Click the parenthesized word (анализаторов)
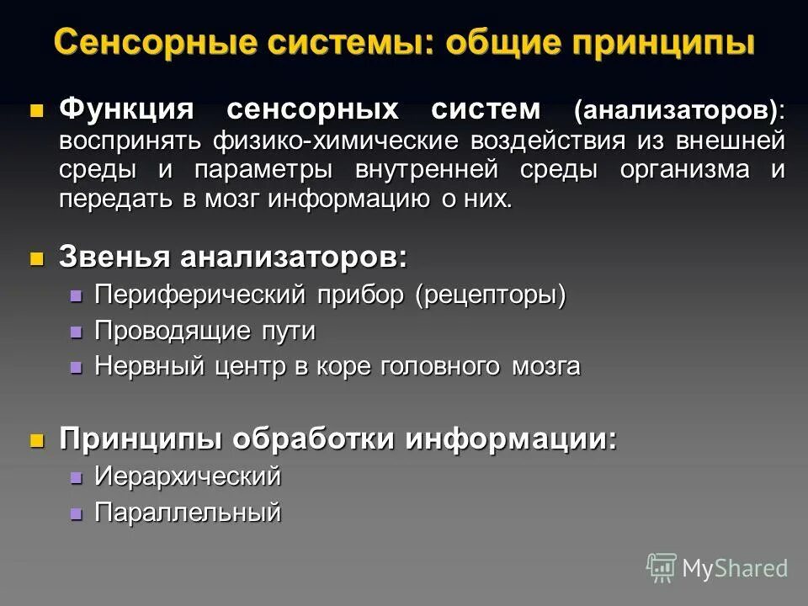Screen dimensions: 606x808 [x=678, y=111]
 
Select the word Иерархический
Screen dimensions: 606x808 [x=187, y=477]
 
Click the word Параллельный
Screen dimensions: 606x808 [x=187, y=513]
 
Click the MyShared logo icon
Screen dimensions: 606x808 [x=662, y=567]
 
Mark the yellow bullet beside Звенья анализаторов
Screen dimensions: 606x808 [x=36, y=258]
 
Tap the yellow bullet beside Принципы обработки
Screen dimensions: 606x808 [x=36, y=440]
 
